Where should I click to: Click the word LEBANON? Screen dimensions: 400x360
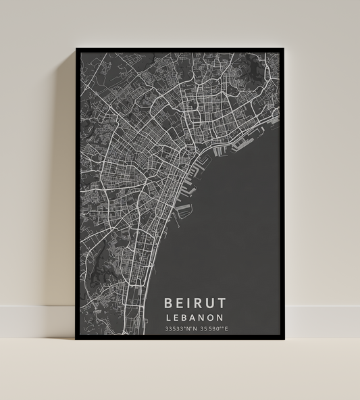(x=196, y=316)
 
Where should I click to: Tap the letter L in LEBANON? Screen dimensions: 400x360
(x=169, y=316)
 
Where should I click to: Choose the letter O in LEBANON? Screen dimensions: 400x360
(x=213, y=316)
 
